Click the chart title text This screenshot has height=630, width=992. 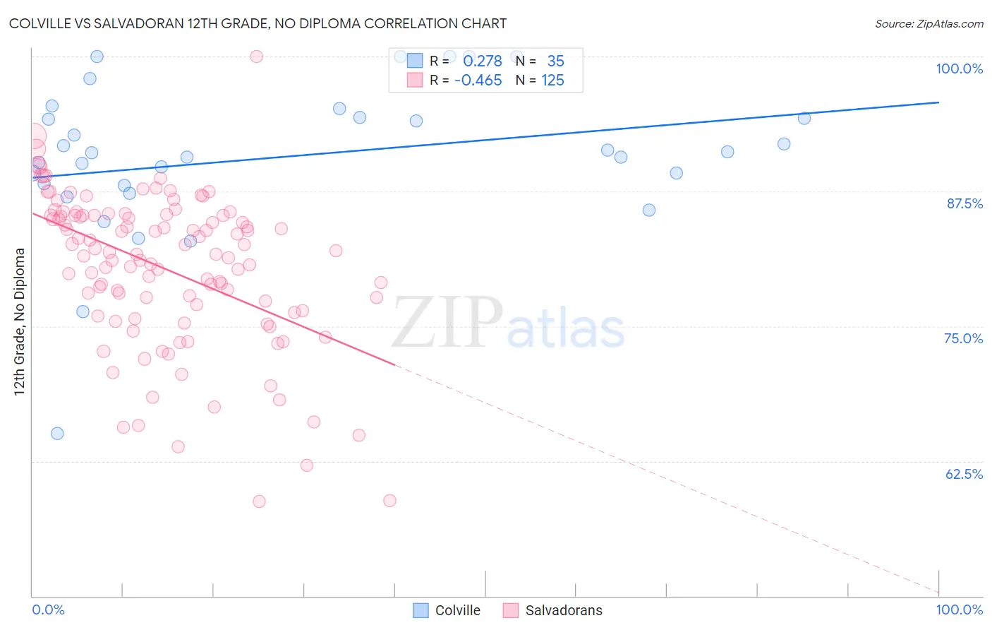[x=258, y=23]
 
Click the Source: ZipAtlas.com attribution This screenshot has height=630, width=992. [x=929, y=23]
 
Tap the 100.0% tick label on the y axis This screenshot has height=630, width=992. [x=959, y=69]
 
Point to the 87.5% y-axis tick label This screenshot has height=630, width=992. [x=964, y=203]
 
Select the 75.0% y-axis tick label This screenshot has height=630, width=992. [x=963, y=338]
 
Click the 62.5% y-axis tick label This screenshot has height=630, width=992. [x=964, y=474]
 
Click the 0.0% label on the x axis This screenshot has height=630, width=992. [x=48, y=610]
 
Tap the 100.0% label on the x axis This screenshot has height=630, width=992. [x=959, y=610]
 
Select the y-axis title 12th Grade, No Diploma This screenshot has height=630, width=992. [x=20, y=321]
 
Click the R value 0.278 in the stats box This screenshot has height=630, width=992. [x=483, y=61]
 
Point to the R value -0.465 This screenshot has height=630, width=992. [x=478, y=81]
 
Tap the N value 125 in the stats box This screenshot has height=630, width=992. [x=552, y=81]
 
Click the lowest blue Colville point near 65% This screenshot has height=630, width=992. [x=57, y=433]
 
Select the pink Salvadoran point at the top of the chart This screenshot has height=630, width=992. [x=257, y=57]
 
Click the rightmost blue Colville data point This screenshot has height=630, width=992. [x=804, y=118]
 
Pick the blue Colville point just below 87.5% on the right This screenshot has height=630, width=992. [x=649, y=210]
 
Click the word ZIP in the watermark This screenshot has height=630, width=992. [x=447, y=323]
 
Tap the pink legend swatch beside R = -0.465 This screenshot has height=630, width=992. [x=414, y=81]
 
